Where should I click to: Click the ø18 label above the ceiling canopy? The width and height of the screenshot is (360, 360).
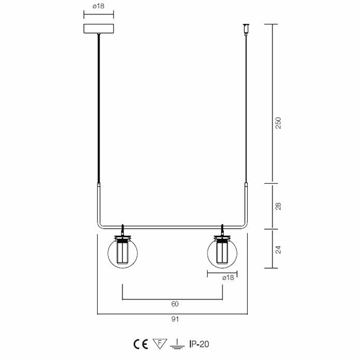point(98,6)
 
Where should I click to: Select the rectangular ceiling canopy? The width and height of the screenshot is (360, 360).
point(99,29)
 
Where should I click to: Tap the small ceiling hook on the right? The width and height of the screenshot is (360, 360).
point(246,29)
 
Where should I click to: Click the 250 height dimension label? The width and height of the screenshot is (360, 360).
point(278,123)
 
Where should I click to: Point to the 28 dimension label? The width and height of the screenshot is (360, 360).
point(278,206)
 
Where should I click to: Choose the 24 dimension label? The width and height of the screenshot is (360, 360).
point(278,250)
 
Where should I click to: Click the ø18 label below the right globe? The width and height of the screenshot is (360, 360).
point(228,278)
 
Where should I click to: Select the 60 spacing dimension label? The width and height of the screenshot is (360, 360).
point(175,304)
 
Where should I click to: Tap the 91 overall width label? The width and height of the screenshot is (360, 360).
point(175,319)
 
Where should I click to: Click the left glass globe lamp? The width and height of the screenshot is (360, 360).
point(122,252)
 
